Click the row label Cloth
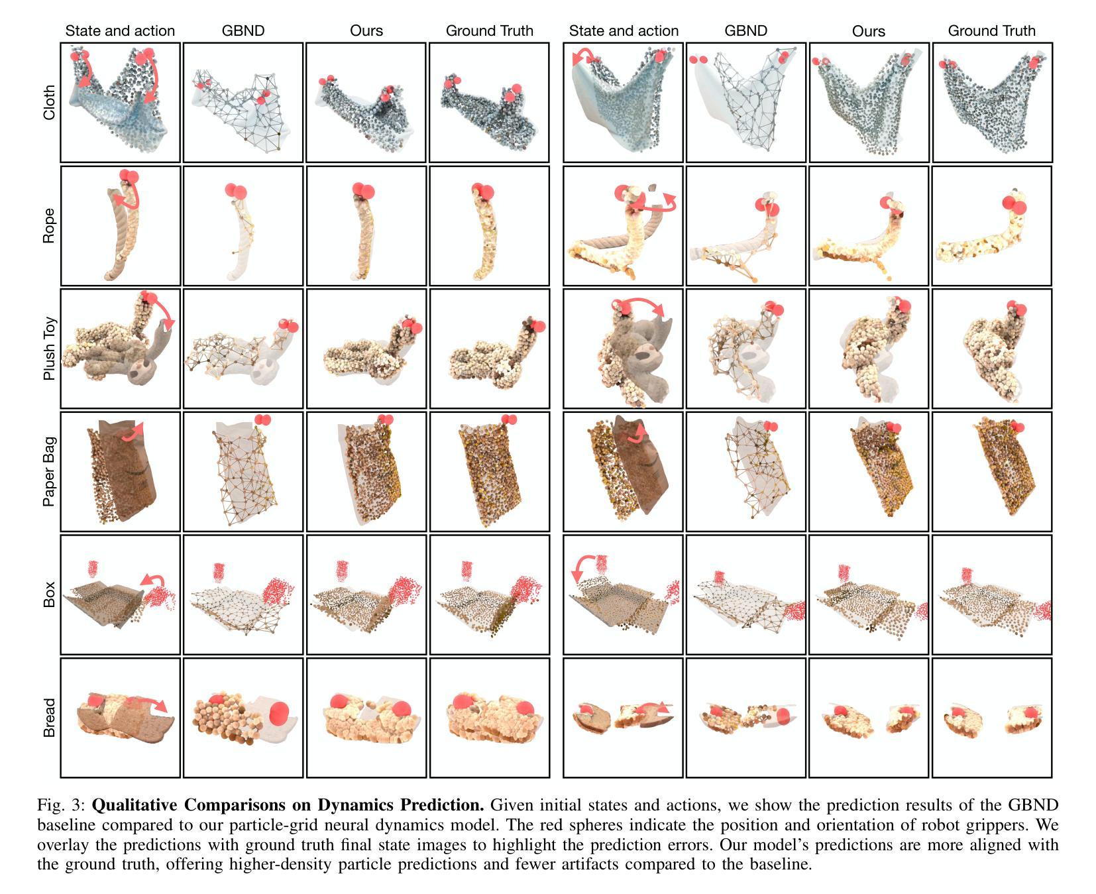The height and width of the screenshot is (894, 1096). click(x=49, y=103)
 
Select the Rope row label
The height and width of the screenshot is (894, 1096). click(x=49, y=226)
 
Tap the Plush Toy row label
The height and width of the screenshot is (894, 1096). click(x=49, y=349)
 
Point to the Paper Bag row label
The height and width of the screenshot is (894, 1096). click(x=49, y=471)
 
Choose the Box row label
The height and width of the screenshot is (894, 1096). click(x=49, y=594)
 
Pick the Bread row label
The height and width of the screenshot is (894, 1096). click(x=49, y=718)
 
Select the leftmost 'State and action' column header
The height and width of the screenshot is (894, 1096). click(x=120, y=30)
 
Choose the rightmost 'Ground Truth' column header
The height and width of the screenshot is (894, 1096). click(x=991, y=30)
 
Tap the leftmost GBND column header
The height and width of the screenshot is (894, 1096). click(x=243, y=30)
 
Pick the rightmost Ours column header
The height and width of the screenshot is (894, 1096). click(x=868, y=31)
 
